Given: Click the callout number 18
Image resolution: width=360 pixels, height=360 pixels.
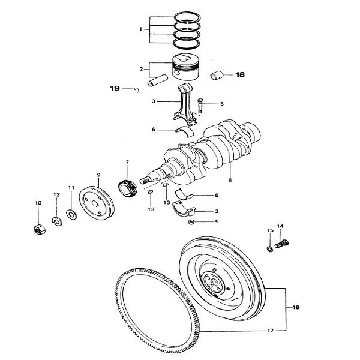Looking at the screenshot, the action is (240, 74).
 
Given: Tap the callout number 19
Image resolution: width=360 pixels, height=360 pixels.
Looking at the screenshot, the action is (115, 88).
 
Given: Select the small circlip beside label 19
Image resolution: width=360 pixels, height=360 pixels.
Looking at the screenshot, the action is (137, 90).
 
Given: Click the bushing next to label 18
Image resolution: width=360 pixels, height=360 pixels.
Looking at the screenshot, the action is (217, 76).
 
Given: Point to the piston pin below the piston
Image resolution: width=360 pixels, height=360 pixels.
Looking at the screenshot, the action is (157, 80).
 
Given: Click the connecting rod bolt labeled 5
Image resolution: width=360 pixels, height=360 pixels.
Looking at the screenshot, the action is (200, 106).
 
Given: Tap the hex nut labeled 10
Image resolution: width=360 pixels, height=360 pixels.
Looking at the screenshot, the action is (39, 230).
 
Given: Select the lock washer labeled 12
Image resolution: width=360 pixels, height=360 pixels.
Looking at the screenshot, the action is (57, 221).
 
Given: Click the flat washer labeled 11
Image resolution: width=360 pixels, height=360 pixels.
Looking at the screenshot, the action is (71, 214).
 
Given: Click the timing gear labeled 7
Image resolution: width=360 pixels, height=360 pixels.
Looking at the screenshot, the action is (128, 188).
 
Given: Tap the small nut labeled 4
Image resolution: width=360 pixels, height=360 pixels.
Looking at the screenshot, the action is (191, 222).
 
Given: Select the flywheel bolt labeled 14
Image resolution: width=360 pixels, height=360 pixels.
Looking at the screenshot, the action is (281, 244).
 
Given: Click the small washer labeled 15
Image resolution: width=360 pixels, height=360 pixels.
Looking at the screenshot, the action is (270, 249).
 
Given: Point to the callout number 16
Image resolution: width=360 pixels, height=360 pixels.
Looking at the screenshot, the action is (296, 307).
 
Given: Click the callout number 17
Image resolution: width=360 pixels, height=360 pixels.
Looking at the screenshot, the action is (271, 331).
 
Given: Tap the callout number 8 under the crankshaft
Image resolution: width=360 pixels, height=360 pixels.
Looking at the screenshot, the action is (230, 180).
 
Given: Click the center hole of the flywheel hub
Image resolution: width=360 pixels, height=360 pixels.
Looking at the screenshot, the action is (215, 282).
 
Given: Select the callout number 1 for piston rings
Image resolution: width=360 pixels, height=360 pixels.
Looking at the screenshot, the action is (140, 29).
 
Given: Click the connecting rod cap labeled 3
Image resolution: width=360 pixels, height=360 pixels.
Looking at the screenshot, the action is (184, 209).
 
